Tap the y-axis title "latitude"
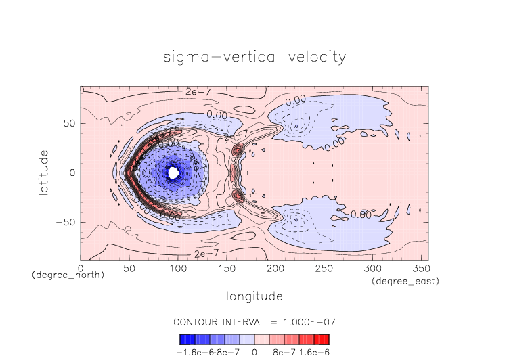click(44, 173)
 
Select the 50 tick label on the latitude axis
click(68, 123)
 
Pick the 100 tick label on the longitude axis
click(177, 269)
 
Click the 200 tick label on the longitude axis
click(274, 269)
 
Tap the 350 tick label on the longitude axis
click(420, 269)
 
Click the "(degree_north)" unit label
click(68, 275)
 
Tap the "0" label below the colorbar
click(255, 352)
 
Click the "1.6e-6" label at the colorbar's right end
click(314, 352)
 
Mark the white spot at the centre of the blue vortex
click(173, 173)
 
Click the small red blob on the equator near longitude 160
click(233, 173)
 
